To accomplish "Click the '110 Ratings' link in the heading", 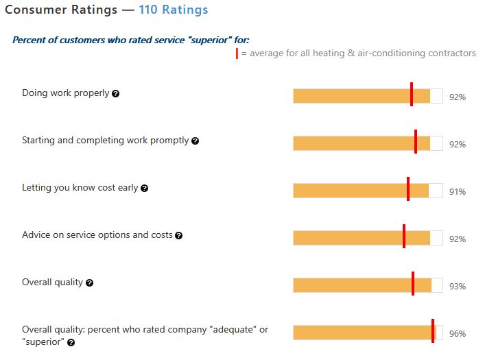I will [x=173, y=10].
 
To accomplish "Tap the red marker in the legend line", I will [x=237, y=53].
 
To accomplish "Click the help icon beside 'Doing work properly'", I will [x=115, y=93].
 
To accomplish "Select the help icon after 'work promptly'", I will [x=195, y=141].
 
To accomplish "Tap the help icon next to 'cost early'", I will [x=144, y=188].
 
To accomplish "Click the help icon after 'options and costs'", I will [x=178, y=235].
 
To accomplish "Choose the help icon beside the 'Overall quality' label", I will [x=89, y=283].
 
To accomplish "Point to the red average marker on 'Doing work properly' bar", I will [x=412, y=95].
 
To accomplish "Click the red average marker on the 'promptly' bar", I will [x=416, y=142].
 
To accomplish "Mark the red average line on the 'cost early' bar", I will [x=408, y=189].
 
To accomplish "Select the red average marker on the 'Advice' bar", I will [x=404, y=237].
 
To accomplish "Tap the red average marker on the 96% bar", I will [x=433, y=331].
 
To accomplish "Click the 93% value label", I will [x=458, y=287].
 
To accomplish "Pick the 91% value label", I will [x=458, y=192].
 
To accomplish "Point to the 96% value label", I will [x=458, y=334].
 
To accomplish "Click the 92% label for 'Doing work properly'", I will [x=458, y=97].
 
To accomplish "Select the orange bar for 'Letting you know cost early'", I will [x=350, y=191].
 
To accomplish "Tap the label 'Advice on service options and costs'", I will [x=97, y=235].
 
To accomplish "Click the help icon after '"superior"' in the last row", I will [x=71, y=342].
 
